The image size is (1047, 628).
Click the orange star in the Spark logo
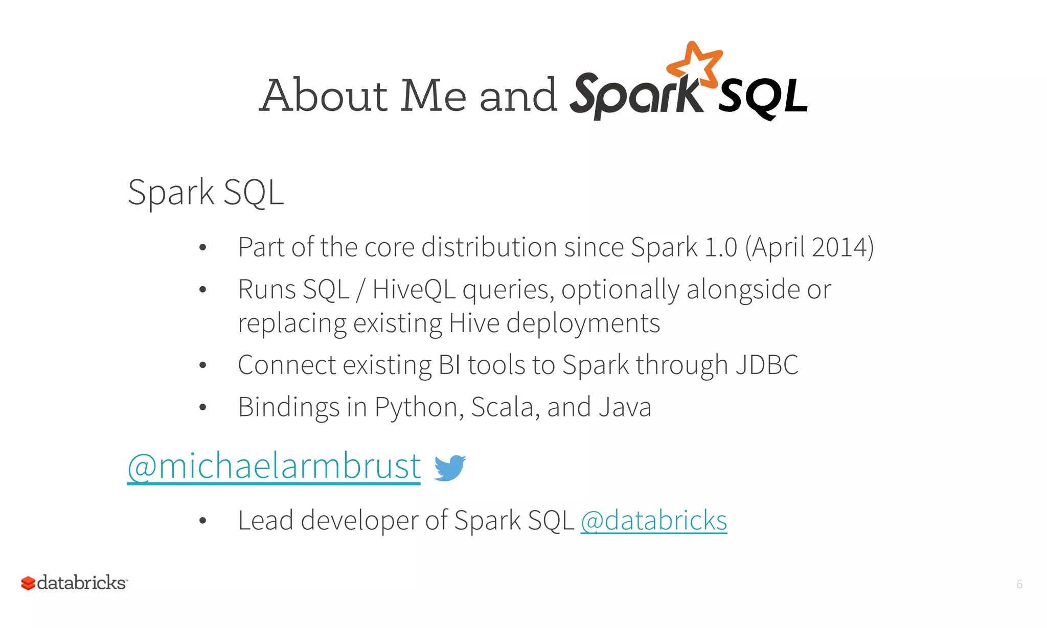(x=695, y=64)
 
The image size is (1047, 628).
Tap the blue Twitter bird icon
(x=449, y=468)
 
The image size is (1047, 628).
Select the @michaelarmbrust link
(x=274, y=466)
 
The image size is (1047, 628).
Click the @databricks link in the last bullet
(x=653, y=521)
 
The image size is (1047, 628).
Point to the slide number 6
(x=1019, y=584)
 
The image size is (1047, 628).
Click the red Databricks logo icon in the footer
(x=28, y=583)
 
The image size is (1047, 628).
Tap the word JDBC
(x=766, y=365)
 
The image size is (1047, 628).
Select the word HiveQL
(x=414, y=290)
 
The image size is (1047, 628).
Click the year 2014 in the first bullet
(x=838, y=248)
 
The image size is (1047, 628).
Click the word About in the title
(x=325, y=96)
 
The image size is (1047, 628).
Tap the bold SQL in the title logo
(x=763, y=97)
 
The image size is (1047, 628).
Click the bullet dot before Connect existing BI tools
(x=202, y=365)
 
